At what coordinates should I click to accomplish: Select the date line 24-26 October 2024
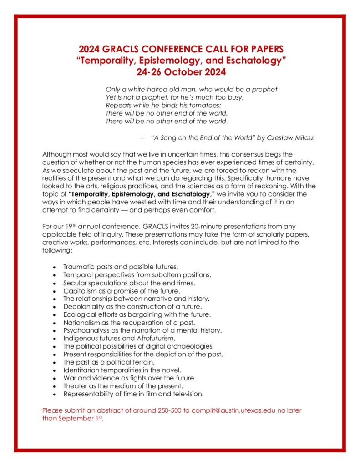point(181,71)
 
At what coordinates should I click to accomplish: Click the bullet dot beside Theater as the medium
point(55,386)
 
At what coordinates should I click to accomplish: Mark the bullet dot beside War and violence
point(55,378)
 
